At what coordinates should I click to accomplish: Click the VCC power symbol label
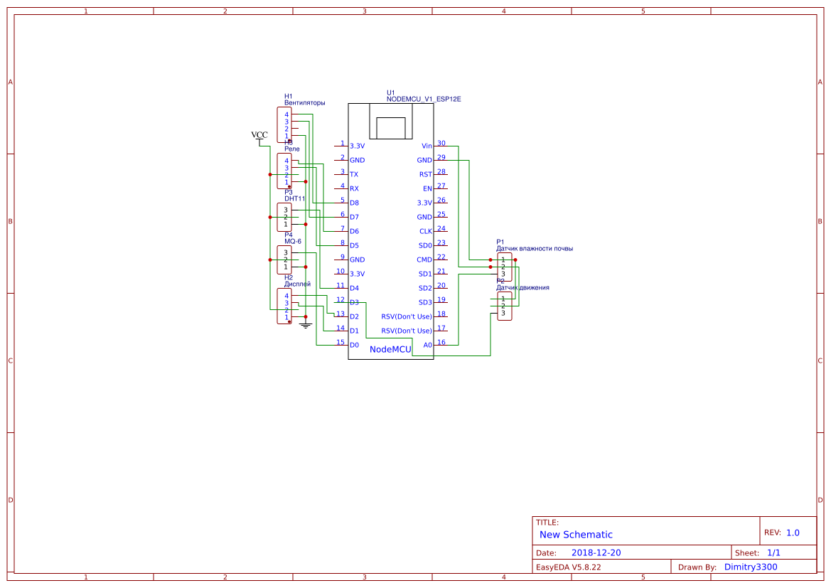[259, 135]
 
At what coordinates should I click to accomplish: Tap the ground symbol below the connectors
[306, 326]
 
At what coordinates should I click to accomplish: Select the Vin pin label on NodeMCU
[427, 146]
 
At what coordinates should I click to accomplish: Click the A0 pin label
[427, 345]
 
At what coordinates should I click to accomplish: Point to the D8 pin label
[354, 203]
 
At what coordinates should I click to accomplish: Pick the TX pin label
[354, 174]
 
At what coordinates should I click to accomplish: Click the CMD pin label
[424, 260]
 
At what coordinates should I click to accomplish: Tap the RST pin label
[425, 174]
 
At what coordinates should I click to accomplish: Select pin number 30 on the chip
[441, 143]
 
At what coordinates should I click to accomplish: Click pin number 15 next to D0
[341, 342]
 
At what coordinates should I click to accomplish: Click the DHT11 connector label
[294, 198]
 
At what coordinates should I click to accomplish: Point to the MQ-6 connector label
[293, 241]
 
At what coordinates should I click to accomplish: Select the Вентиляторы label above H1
[304, 102]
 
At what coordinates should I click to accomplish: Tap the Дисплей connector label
[297, 284]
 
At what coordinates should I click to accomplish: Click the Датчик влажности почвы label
[535, 249]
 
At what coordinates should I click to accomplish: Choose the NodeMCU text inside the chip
[390, 349]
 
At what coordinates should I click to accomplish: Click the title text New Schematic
[576, 535]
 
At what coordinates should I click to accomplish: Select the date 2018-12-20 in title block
[596, 552]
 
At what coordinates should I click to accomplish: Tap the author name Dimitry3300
[751, 567]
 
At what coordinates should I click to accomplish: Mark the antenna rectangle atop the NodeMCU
[390, 127]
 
